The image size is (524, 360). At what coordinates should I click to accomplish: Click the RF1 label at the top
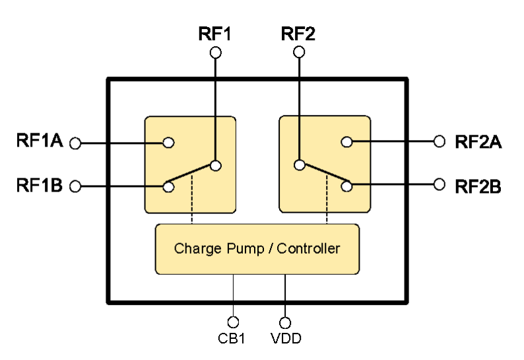[x=214, y=34]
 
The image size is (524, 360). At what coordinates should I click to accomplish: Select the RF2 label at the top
[x=298, y=34]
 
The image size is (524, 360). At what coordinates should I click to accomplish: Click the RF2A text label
[x=478, y=141]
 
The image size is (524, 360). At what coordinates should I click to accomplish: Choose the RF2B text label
[x=478, y=186]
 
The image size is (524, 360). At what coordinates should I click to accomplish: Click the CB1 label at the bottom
[x=232, y=339]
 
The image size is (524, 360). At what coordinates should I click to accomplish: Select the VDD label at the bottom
[x=285, y=339]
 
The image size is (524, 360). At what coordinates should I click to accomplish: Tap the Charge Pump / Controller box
[x=257, y=249]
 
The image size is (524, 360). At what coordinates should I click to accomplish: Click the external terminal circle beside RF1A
[x=75, y=143]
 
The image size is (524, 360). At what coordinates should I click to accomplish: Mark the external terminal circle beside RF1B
[x=75, y=187]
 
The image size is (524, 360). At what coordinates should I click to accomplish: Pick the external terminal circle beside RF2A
[x=440, y=141]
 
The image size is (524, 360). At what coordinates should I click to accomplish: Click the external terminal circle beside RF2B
[x=440, y=185]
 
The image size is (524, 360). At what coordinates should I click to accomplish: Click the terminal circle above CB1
[x=232, y=322]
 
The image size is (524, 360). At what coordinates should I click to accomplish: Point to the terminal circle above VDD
[x=285, y=322]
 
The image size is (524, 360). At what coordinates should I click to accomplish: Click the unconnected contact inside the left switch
[x=168, y=143]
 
